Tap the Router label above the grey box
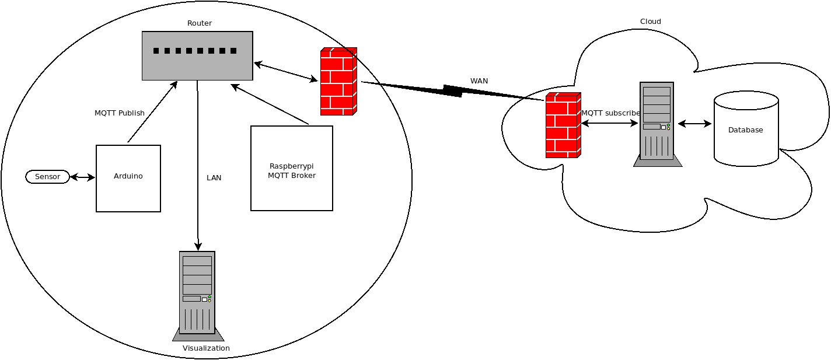coord(200,23)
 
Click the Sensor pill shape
coord(47,177)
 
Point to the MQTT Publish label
coord(120,113)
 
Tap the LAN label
coord(214,178)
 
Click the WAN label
coord(479,81)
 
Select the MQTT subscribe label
coord(610,113)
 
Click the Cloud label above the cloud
coord(651,22)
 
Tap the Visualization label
coord(206,348)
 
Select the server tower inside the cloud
coord(657,123)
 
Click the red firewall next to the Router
coord(338,81)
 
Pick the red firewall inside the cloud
coord(563,125)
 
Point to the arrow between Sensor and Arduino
coord(82,177)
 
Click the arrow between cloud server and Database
coord(694,124)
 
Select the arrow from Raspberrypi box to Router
coord(270,104)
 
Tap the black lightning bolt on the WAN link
coord(453,90)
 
